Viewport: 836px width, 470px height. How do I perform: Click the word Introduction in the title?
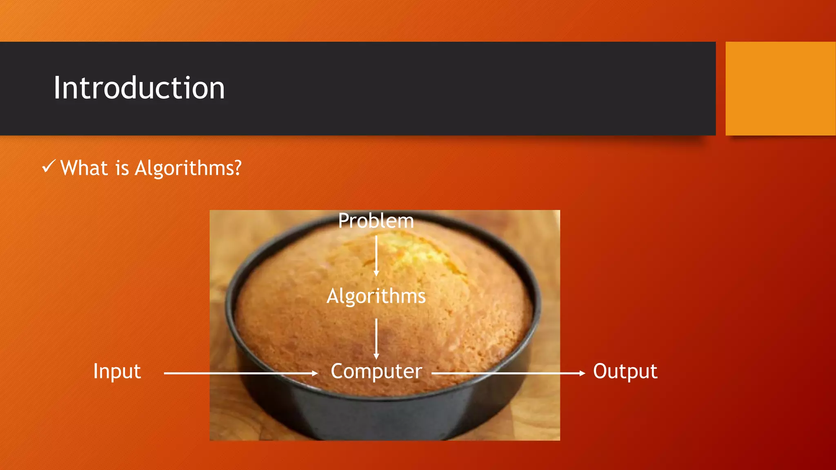click(139, 88)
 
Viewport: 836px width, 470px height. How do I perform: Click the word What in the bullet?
click(84, 168)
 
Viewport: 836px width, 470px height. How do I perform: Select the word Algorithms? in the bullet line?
click(188, 168)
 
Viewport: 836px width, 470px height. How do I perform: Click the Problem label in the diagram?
click(376, 221)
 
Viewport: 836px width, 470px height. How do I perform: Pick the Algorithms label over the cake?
click(376, 296)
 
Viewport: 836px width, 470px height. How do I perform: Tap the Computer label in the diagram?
click(376, 371)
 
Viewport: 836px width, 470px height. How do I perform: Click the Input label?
click(117, 371)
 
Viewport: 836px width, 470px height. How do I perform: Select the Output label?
click(625, 371)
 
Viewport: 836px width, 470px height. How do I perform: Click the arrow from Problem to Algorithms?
click(376, 255)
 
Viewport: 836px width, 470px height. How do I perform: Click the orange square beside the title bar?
click(780, 88)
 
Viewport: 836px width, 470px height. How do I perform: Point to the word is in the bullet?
click(122, 168)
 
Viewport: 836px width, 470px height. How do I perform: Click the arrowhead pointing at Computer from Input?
click(315, 373)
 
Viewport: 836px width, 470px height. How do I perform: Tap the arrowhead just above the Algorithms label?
click(376, 273)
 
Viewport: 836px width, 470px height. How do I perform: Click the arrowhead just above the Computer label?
click(376, 357)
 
